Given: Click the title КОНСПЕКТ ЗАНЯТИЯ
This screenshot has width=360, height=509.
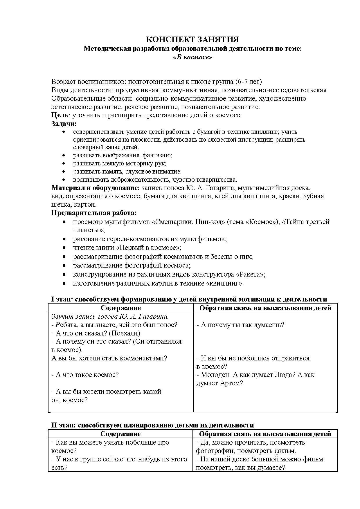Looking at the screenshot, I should (192, 39).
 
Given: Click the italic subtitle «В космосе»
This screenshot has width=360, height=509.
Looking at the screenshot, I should (192, 57).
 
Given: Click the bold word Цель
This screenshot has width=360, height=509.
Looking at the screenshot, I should (60, 115).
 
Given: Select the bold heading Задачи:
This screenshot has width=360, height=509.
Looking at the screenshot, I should (64, 123).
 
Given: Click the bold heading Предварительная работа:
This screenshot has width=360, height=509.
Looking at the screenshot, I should (94, 213).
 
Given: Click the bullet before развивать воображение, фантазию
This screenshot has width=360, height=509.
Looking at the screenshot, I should (64, 155).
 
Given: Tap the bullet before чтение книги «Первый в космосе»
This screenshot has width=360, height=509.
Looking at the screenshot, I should (64, 248).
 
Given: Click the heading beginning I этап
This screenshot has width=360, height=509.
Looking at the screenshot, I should (189, 299).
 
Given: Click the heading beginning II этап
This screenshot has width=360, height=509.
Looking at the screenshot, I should (152, 425).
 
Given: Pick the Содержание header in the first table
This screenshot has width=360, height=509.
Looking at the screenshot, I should (121, 308).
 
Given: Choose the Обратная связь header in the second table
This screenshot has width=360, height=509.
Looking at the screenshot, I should (265, 434).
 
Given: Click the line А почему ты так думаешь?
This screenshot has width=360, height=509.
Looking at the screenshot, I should (240, 325).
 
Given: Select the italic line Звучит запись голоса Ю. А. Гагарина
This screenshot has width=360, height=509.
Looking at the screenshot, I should (110, 316).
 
